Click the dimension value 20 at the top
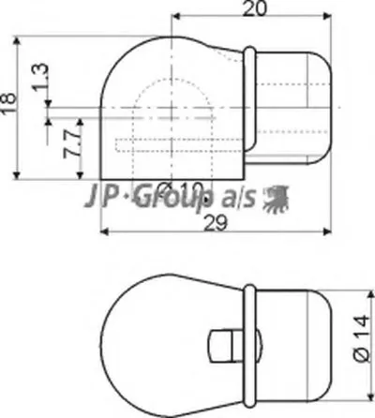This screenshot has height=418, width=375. pyautogui.click(x=250, y=11)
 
